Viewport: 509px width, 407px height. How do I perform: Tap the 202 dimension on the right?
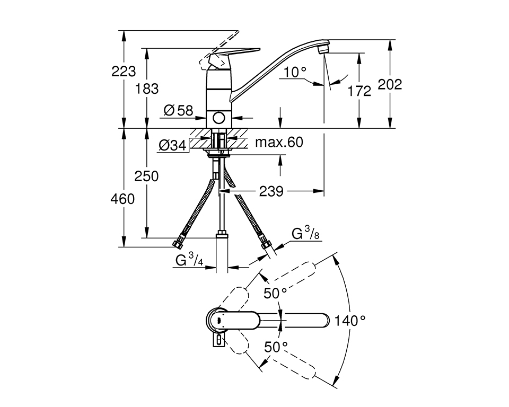[x=390, y=84]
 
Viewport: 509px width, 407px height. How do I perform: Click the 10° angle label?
[x=295, y=72]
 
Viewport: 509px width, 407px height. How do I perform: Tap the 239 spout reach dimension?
[x=271, y=191]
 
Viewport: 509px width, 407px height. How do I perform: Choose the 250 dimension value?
[x=146, y=176]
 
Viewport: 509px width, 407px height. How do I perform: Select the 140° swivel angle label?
[x=350, y=320]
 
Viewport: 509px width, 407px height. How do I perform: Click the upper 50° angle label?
[x=276, y=292]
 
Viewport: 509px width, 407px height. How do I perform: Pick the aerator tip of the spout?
[x=321, y=49]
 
